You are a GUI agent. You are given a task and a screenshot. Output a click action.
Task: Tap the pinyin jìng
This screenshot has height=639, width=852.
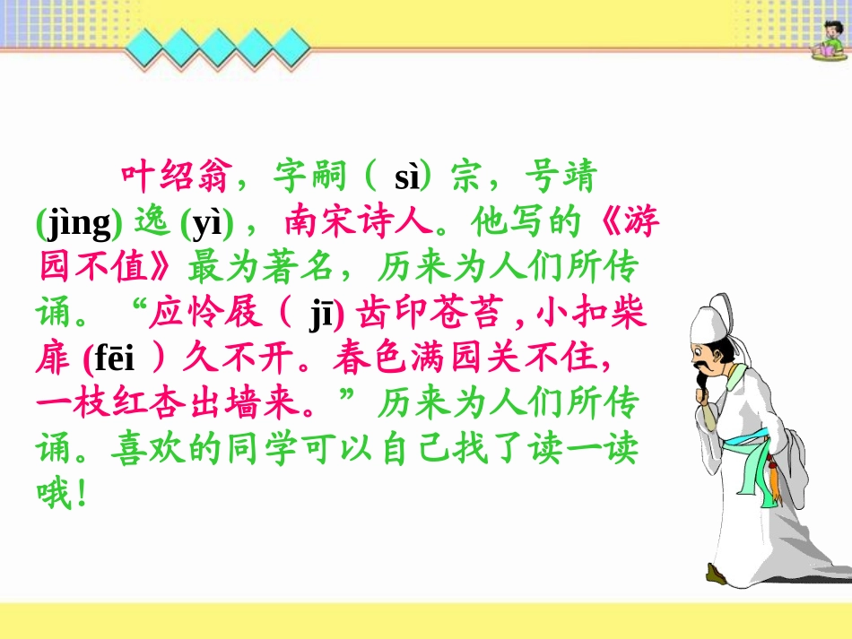79,223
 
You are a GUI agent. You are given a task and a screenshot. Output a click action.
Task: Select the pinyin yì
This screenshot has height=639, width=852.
207,223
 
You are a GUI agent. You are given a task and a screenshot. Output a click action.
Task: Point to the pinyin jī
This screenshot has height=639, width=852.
321,315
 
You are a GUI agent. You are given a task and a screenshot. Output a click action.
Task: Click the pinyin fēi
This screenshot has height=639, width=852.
114,358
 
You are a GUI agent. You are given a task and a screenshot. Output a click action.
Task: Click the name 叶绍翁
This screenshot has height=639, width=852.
174,177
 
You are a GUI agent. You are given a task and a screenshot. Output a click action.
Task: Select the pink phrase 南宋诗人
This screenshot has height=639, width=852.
359,221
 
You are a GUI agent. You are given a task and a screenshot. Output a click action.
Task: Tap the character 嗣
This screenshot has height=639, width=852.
329,177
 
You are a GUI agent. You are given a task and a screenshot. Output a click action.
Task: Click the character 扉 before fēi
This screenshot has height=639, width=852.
53,358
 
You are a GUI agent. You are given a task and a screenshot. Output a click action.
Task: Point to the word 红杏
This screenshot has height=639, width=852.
150,403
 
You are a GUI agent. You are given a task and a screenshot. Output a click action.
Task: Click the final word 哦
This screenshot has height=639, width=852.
54,494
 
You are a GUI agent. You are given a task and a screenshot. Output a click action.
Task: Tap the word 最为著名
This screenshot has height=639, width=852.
260,267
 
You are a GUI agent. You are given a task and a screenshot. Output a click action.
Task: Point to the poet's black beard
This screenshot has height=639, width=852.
701,376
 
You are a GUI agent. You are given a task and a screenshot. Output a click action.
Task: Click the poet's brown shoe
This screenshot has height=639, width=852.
717,574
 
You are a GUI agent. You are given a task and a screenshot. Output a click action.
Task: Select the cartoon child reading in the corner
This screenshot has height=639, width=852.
830,39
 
